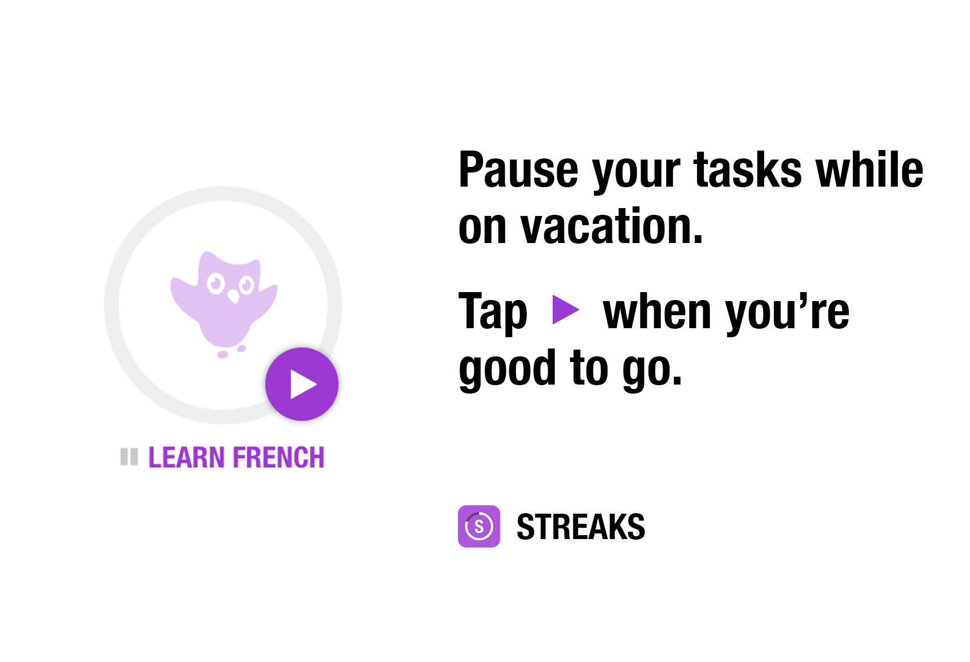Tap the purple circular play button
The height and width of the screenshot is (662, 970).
tap(302, 384)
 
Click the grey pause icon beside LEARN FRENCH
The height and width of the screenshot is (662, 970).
tap(129, 457)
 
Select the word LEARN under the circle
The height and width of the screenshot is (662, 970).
tap(187, 457)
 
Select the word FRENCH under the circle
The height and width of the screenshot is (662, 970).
tap(279, 457)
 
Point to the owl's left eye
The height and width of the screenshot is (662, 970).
tap(215, 283)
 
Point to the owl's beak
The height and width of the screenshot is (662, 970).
tap(233, 297)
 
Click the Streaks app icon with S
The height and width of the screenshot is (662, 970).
tap(479, 526)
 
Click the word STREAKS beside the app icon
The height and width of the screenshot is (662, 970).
tap(581, 527)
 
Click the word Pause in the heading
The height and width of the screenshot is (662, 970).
tap(518, 170)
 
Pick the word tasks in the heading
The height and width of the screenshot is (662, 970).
tap(747, 170)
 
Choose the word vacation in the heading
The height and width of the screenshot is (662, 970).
tap(612, 226)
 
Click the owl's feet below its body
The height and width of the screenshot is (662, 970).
tap(232, 351)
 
